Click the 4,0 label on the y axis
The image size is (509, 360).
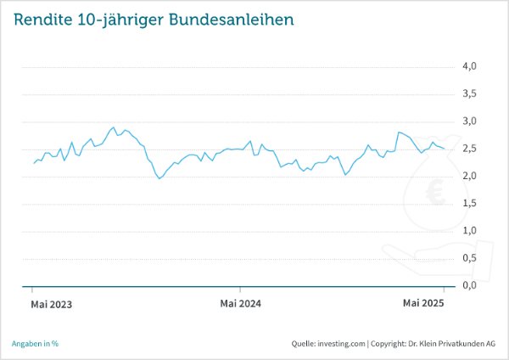(x=468, y=66)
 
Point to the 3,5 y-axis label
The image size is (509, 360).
(x=468, y=93)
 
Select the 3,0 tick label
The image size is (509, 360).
(x=468, y=121)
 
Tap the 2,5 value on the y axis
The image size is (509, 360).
(x=468, y=149)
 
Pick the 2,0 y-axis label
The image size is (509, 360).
(x=468, y=176)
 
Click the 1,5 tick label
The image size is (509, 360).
(x=468, y=203)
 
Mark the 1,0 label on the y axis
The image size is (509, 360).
(x=468, y=230)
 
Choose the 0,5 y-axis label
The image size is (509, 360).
(x=468, y=258)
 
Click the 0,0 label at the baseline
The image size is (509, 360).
(x=468, y=285)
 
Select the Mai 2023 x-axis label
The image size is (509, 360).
(x=51, y=303)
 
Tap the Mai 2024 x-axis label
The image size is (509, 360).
(x=240, y=303)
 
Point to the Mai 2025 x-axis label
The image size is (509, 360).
(x=423, y=303)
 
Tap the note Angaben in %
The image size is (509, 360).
(x=35, y=344)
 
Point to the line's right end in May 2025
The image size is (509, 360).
(x=445, y=149)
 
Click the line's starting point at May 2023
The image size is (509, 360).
(x=33, y=163)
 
